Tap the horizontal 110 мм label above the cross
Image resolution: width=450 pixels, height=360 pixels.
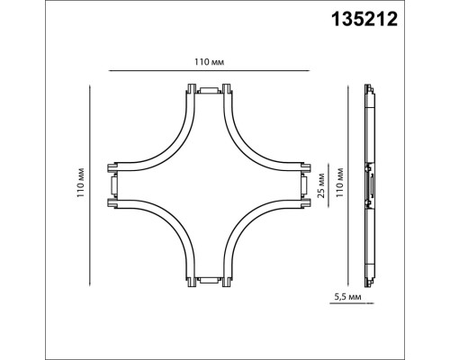point(209,60)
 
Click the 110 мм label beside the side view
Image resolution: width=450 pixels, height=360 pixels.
point(340,184)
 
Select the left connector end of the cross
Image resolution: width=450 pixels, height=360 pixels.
point(112,187)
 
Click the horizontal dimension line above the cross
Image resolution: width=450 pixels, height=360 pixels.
point(209,70)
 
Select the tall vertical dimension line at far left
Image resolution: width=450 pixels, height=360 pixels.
point(92,187)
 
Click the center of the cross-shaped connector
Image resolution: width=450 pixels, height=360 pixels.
point(209,187)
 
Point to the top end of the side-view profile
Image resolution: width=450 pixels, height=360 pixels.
point(368,91)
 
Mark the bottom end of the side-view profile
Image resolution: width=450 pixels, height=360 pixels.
point(368,283)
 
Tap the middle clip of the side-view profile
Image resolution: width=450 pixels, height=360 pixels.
point(369,187)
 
